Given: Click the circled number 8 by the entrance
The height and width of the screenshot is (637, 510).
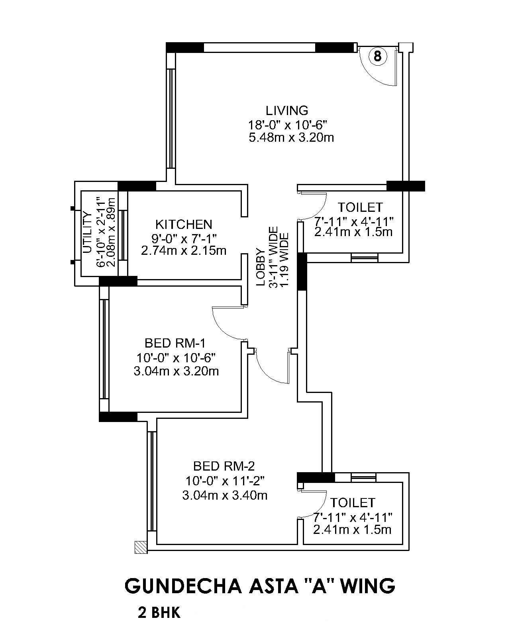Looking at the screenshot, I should pos(377,56).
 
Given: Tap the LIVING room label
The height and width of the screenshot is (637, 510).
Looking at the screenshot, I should pos(287,110).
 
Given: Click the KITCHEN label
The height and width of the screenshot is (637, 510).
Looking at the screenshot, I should pos(184,224).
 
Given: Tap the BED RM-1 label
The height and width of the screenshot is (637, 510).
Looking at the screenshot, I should pos(175,343).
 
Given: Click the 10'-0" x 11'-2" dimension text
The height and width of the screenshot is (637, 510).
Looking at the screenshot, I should pos(225,481).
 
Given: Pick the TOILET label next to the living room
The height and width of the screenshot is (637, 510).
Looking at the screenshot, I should pos(360,207).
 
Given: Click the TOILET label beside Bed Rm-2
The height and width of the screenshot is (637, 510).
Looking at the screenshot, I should pos(353,502).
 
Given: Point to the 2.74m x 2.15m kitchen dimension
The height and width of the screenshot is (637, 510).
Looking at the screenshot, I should pos(184,251).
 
